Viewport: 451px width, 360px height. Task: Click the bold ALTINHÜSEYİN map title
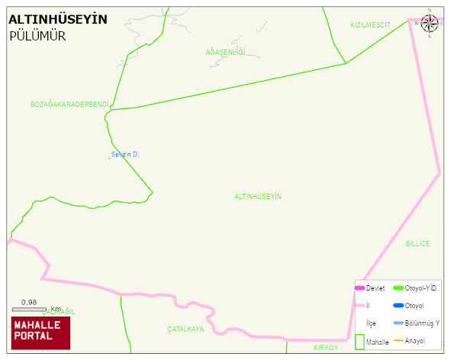(x=58, y=19)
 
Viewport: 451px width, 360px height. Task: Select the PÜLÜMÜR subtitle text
(x=37, y=36)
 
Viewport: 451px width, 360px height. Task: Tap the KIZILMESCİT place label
(x=370, y=25)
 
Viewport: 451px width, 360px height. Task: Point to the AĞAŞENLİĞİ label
(x=226, y=52)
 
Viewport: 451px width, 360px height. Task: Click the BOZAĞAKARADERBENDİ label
(x=70, y=104)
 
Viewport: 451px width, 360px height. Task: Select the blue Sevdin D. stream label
(x=125, y=154)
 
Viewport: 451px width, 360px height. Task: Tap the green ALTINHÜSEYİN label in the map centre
(x=258, y=197)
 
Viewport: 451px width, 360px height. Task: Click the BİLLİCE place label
(x=417, y=243)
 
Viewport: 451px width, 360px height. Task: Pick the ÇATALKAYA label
(x=186, y=329)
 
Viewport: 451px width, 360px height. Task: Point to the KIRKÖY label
(x=325, y=347)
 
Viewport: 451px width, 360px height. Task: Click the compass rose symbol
(x=430, y=23)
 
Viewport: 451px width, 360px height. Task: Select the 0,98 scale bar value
(x=29, y=302)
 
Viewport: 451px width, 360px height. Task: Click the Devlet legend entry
(x=375, y=288)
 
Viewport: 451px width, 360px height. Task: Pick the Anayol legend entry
(x=415, y=340)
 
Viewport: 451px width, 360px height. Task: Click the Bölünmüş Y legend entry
(x=422, y=323)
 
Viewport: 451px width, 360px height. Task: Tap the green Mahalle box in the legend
(x=359, y=342)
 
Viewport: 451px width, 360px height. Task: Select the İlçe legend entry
(x=371, y=323)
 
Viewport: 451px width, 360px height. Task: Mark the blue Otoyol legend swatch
(x=398, y=306)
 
